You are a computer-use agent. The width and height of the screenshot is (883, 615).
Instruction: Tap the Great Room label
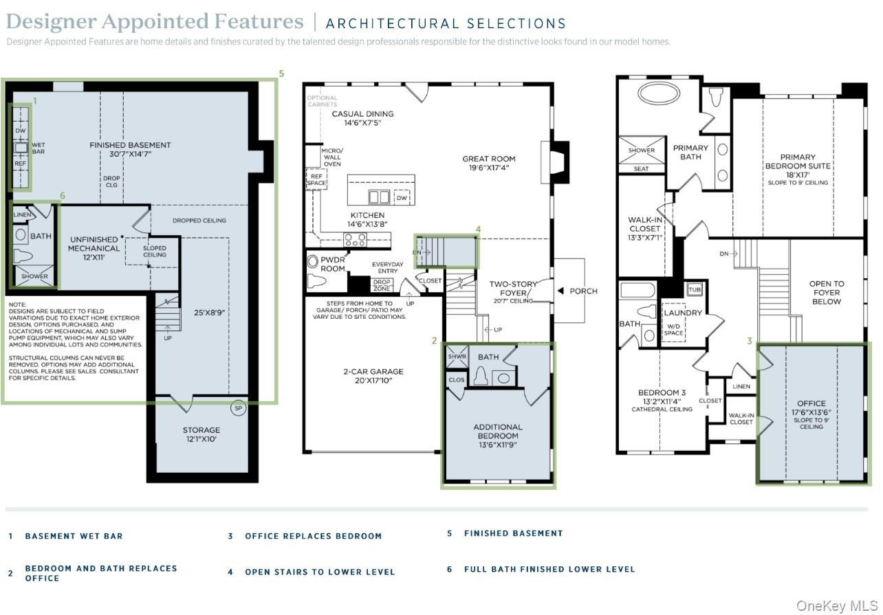[488, 163]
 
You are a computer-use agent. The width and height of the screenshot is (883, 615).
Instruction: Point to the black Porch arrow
[560, 291]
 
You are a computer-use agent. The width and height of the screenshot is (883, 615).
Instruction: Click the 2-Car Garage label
[373, 377]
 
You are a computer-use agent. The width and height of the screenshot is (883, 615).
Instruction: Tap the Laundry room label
[683, 313]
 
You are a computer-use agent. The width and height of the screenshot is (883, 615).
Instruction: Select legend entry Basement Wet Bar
[74, 536]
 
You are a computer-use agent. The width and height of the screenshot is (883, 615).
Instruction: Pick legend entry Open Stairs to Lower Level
[320, 572]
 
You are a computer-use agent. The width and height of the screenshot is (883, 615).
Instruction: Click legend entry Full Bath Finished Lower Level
[549, 569]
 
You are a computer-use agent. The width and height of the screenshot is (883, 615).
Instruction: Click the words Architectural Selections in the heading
[446, 24]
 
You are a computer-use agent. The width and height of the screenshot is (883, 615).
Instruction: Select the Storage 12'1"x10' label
[201, 434]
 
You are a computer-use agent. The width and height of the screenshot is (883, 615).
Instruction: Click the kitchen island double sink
[379, 198]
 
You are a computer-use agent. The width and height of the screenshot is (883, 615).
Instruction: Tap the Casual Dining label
[362, 118]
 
